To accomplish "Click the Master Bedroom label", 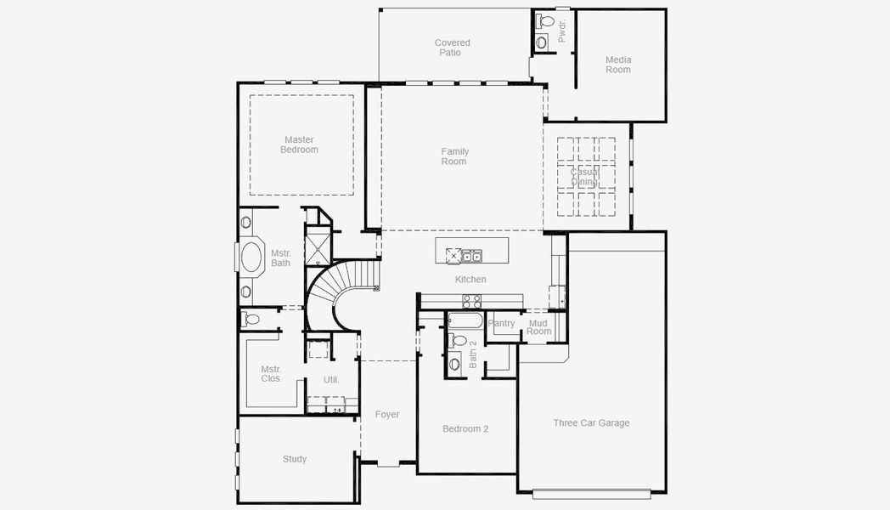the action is [299, 144].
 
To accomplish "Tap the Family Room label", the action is [454, 156].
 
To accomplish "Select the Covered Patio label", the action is [452, 48].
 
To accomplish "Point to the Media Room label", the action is [618, 65].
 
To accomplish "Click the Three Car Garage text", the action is [591, 423].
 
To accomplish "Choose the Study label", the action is [295, 459].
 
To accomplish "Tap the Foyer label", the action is [387, 415].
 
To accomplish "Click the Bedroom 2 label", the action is [465, 428].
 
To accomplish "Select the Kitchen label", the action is [470, 280].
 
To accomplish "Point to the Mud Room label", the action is [538, 327].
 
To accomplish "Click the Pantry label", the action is [501, 323].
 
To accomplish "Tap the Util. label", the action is [331, 379].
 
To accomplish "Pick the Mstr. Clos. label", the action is [271, 374].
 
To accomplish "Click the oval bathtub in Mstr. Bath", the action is [251, 258].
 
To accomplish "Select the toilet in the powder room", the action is [546, 21].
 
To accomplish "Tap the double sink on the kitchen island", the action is [471, 257].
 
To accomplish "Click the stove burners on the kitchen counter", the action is [471, 301].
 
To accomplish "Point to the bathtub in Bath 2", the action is [465, 321].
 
